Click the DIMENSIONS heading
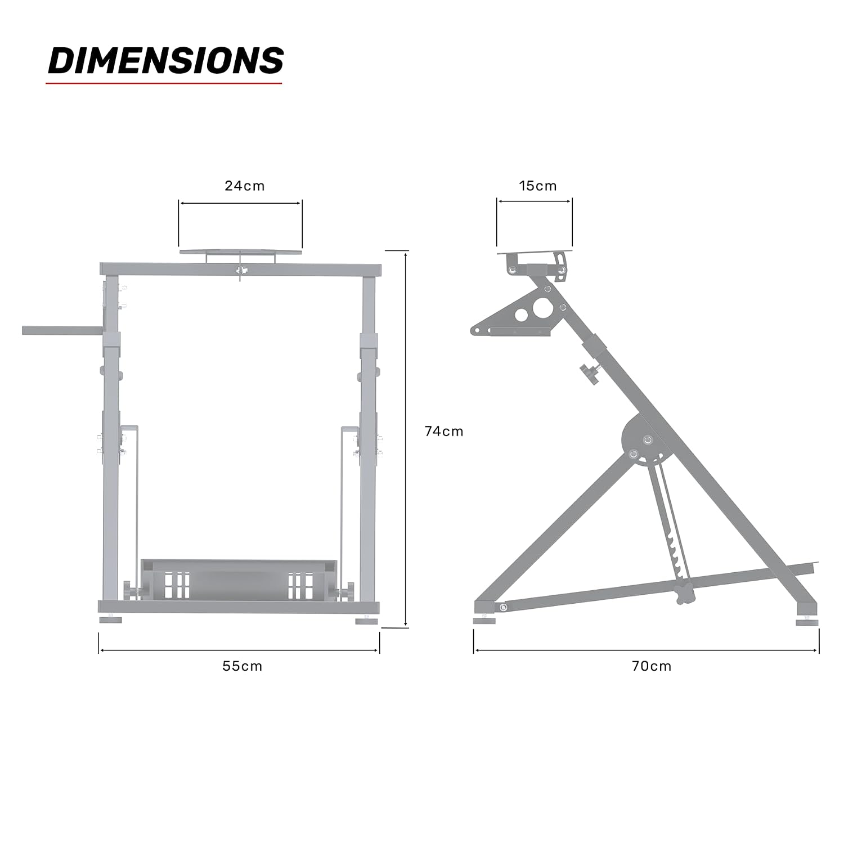165,61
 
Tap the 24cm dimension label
245,186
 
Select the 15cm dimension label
538,186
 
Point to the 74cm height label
444,432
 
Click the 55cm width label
243,666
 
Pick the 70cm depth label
652,666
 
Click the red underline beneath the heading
164,84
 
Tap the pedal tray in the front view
240,580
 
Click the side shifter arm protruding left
62,330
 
